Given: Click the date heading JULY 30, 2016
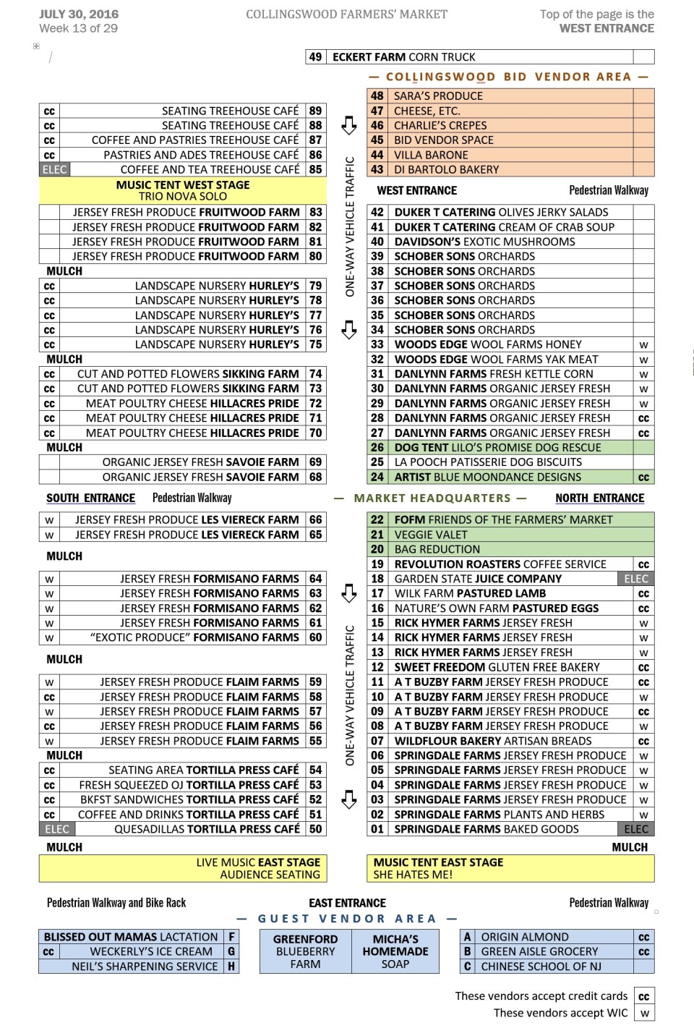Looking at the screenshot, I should click(79, 14).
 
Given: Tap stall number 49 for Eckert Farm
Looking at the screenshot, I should click(315, 57).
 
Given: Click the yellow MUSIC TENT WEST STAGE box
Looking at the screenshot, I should click(183, 190).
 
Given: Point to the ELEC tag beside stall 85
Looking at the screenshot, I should click(54, 170).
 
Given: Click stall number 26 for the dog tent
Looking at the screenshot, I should click(377, 448).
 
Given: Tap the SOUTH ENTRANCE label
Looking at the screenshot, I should click(90, 498).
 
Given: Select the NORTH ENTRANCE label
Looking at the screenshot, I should click(599, 498).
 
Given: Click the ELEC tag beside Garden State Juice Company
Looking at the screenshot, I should click(636, 579).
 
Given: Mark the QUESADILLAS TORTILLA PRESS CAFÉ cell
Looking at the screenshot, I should click(207, 829).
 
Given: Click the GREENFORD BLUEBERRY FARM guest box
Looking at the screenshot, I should click(305, 951).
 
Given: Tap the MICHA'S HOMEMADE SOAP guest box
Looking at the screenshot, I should click(395, 951).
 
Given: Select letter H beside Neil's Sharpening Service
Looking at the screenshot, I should click(231, 967).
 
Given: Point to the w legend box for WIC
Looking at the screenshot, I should click(644, 1014).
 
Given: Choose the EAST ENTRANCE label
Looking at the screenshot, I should click(347, 903).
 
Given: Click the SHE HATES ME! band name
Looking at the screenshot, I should click(413, 875).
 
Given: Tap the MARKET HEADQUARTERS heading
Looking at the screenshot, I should click(432, 498).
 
